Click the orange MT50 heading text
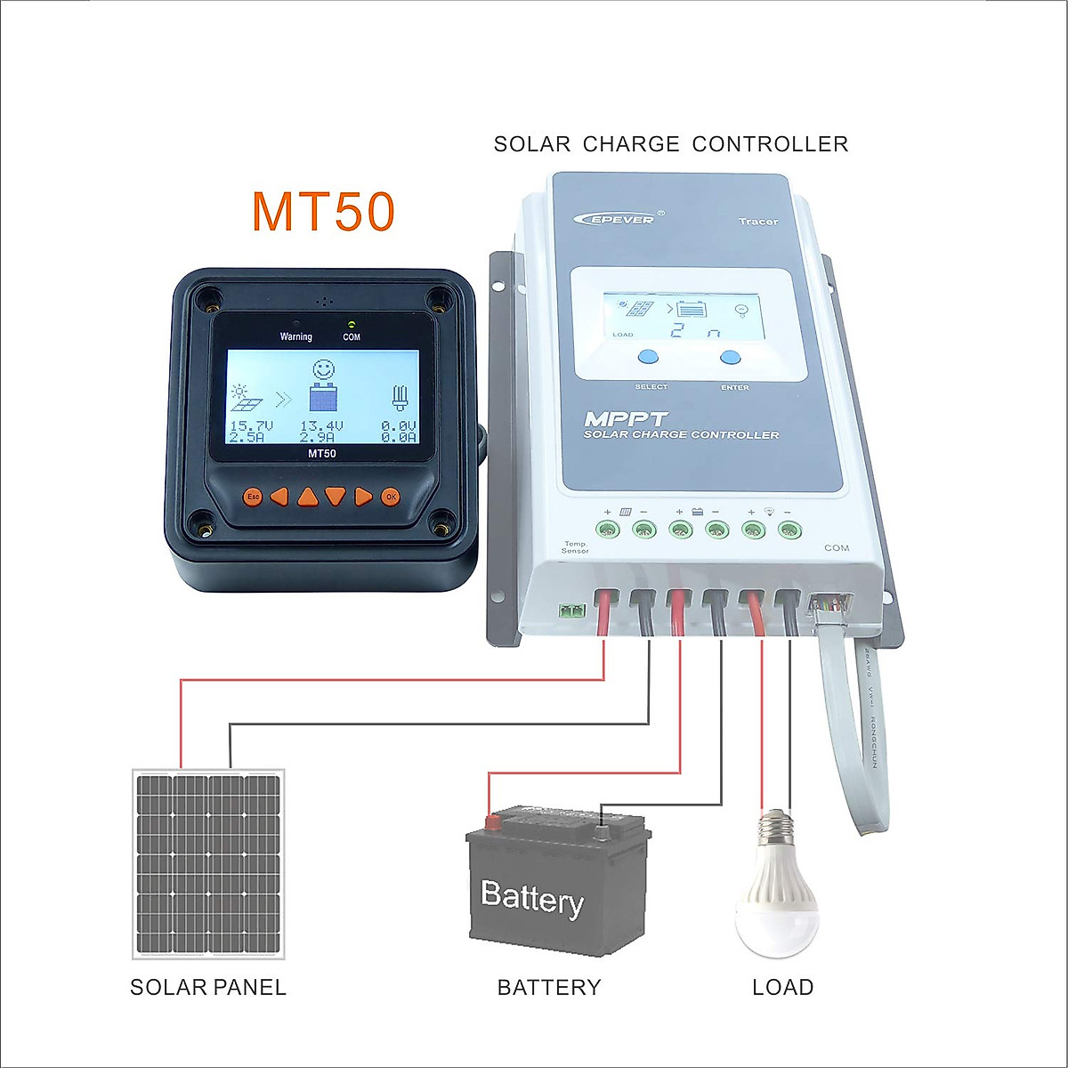tap(323, 212)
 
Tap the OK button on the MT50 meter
tap(390, 497)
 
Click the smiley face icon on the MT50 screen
tap(323, 369)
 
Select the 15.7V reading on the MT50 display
tap(251, 426)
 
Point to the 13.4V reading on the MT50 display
tap(321, 426)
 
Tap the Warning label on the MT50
tap(296, 336)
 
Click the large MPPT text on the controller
tap(626, 418)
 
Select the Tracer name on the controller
tap(757, 221)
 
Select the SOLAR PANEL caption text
tap(208, 987)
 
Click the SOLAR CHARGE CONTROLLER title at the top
tap(671, 144)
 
